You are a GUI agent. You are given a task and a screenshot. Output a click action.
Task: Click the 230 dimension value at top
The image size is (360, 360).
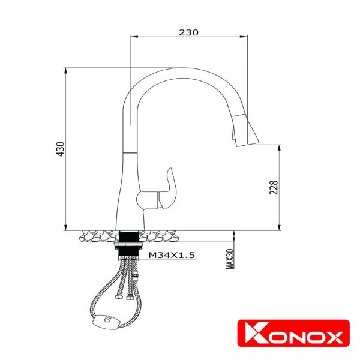tap(188, 32)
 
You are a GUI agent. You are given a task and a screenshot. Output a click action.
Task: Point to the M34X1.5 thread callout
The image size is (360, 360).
tap(172, 255)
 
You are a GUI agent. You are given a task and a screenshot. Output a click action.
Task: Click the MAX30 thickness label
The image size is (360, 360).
tap(230, 259)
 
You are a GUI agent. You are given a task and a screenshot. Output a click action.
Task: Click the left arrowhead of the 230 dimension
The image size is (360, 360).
tap(134, 37)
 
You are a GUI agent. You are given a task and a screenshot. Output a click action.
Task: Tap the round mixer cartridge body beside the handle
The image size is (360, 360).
tap(146, 199)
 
